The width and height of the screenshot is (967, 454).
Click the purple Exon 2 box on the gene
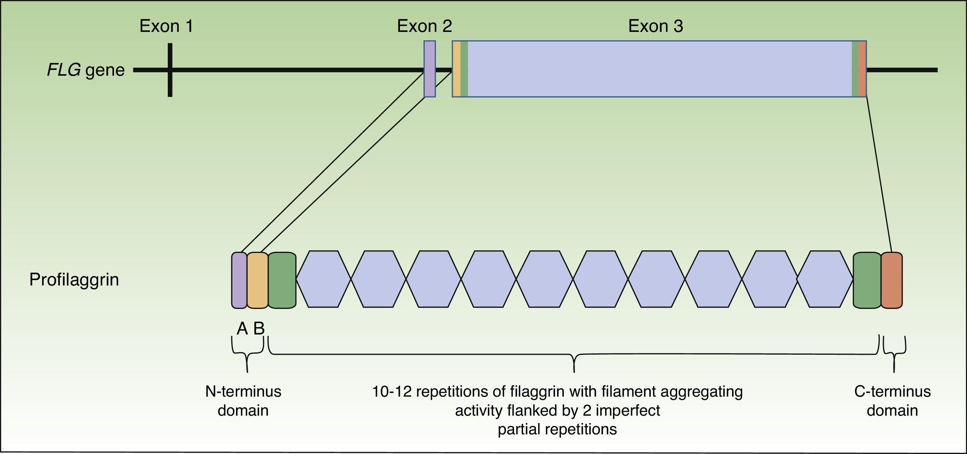tap(430, 69)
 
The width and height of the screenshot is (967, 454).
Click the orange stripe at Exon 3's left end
tap(457, 69)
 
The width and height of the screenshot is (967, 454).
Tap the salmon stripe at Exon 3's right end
tap(863, 69)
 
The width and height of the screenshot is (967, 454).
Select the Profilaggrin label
tap(74, 280)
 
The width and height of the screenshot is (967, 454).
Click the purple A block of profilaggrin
tap(239, 280)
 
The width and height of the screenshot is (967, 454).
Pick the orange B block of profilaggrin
tap(258, 280)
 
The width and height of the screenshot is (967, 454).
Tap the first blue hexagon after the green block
tap(323, 279)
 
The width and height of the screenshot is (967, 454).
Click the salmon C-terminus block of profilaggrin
tap(892, 280)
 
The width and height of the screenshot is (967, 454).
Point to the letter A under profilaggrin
tap(242, 329)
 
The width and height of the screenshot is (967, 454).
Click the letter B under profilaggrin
tap(259, 329)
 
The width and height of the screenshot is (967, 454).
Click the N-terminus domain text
tap(243, 401)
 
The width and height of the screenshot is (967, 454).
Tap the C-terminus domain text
tap(892, 401)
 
